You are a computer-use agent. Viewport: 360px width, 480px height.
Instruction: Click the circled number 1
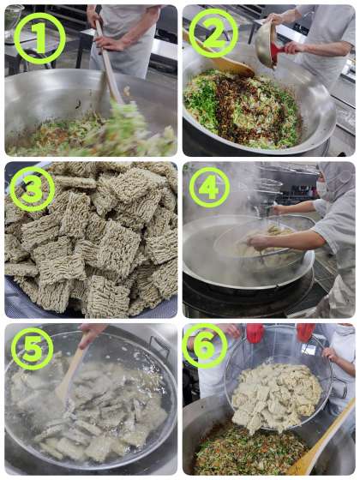pos(39,39)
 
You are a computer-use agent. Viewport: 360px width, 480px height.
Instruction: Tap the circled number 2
pos(213,33)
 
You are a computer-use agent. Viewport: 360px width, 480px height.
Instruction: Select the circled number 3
pos(33,189)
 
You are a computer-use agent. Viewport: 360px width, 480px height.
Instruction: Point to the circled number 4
pos(209,188)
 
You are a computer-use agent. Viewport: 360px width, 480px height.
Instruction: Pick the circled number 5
pos(33,349)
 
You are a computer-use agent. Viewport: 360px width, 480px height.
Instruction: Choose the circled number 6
pos(204,346)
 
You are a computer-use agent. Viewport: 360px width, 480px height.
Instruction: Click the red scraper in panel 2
pos(279,52)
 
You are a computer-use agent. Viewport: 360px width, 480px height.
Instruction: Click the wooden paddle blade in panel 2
pos(236,68)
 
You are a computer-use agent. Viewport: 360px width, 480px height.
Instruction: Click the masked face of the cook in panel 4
pos(322,186)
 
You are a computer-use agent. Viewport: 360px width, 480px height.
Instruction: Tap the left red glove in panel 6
pos(255,333)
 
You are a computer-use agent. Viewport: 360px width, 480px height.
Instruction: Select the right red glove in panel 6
pos(305,333)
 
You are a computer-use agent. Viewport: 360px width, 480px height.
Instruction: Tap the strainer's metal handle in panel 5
pos(159,346)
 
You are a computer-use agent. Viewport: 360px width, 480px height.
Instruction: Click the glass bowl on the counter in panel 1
pos(13,23)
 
